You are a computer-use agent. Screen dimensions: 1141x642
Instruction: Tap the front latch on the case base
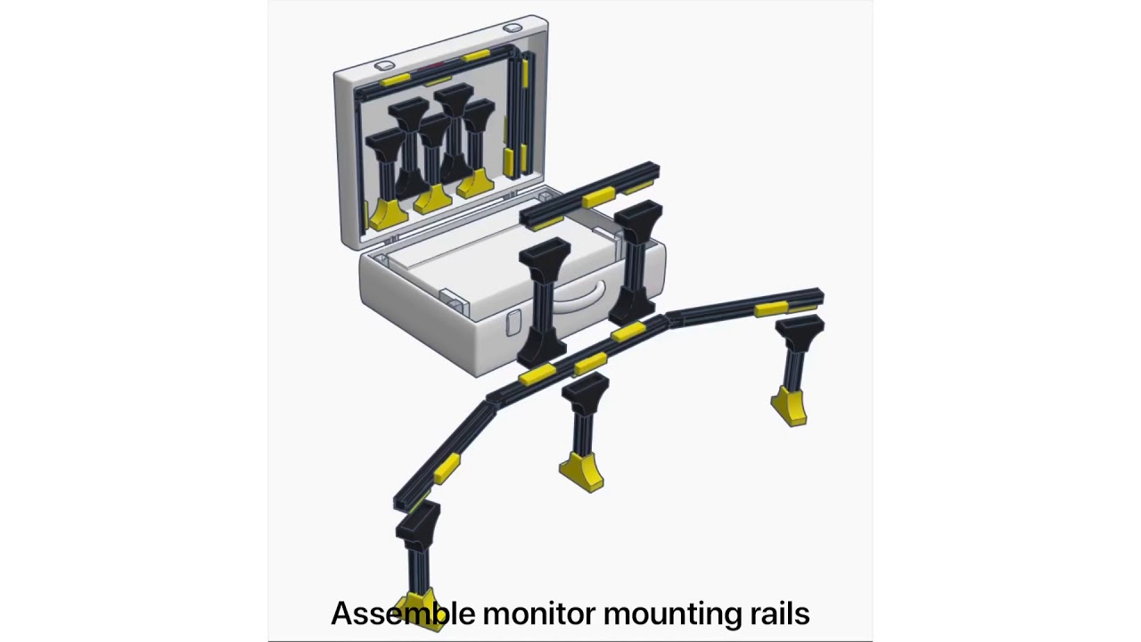[x=513, y=323]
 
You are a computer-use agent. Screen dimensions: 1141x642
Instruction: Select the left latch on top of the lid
[x=384, y=65]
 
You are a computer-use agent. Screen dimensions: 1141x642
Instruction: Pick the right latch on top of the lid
[x=513, y=27]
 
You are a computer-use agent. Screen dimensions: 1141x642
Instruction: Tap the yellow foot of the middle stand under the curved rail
[x=582, y=472]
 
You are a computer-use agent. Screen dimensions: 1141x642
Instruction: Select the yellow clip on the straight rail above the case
[x=599, y=197]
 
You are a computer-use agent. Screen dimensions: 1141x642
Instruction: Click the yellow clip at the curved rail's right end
[x=771, y=309]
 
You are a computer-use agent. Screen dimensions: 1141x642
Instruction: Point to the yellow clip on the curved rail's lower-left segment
[x=447, y=468]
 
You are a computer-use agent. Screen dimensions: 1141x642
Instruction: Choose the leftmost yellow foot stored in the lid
[x=388, y=213]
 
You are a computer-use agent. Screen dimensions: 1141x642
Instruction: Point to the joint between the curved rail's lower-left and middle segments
[x=490, y=400]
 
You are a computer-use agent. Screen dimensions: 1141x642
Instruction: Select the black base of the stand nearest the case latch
[x=541, y=348]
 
